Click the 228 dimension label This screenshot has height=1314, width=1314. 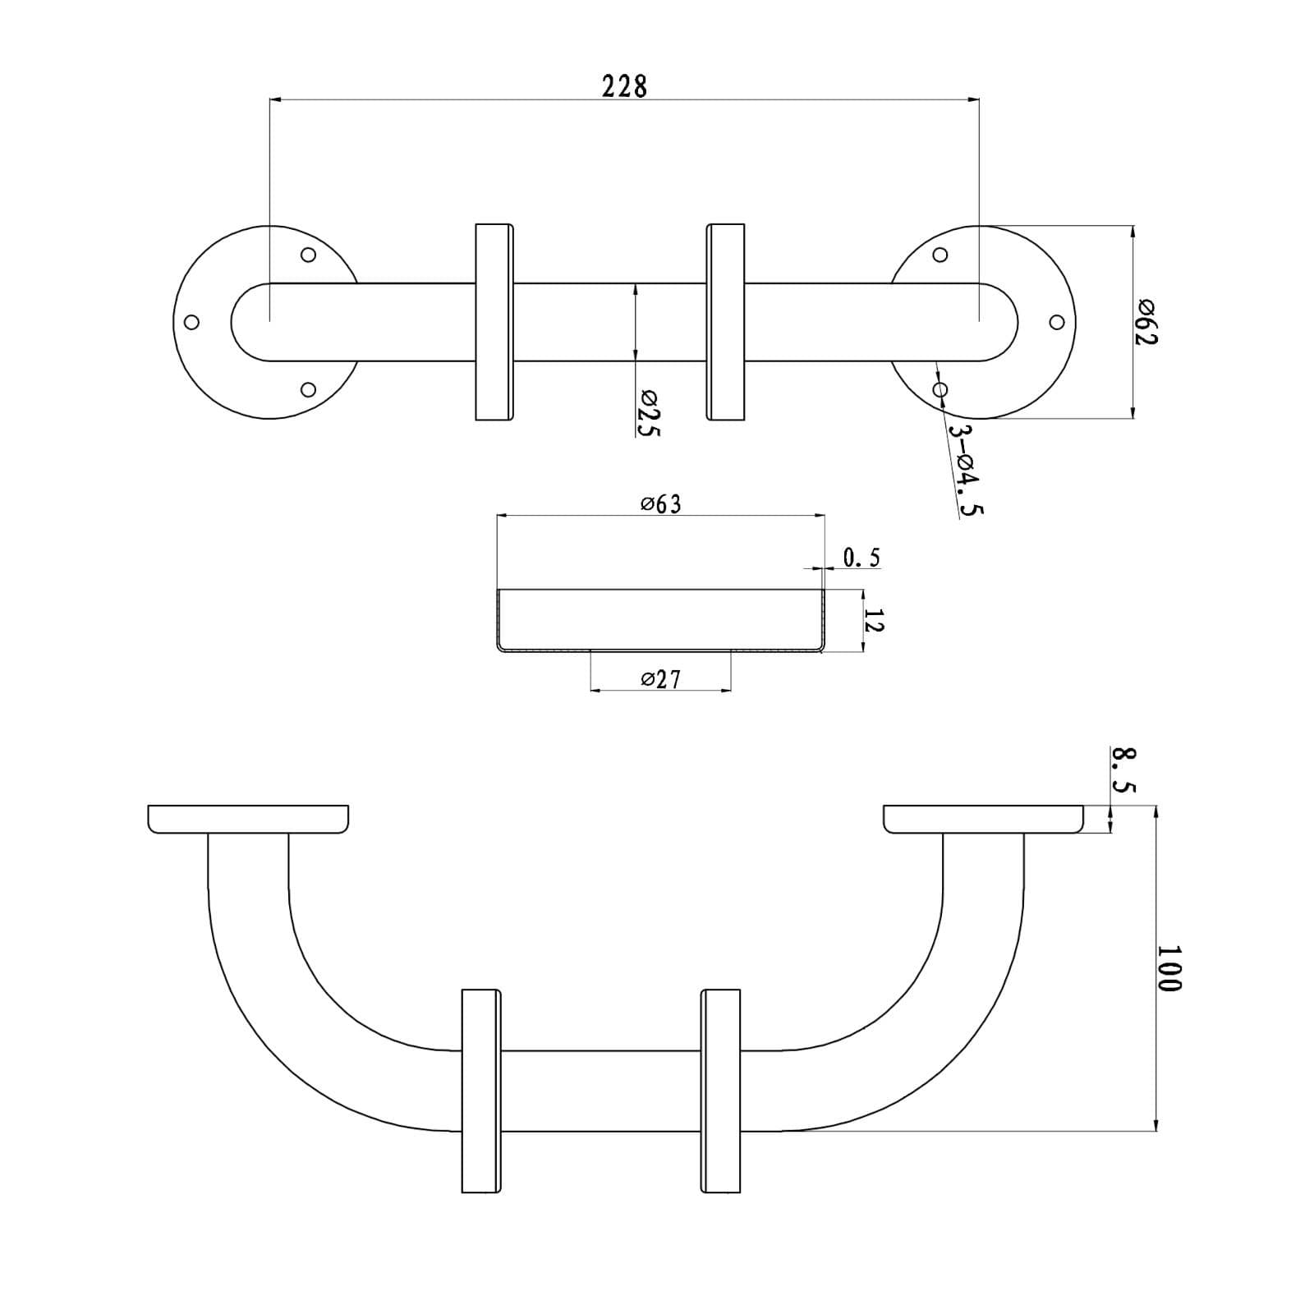coord(624,86)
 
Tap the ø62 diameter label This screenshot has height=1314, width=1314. coord(1146,323)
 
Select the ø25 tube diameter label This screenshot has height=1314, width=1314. coord(648,414)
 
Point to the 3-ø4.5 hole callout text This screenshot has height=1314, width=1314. coord(966,470)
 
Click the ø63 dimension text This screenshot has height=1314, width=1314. coord(661,503)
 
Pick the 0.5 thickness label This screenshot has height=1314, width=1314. coord(861,558)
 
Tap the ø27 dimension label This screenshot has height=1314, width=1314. coord(661,679)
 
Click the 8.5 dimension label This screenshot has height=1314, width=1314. coord(1123,770)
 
